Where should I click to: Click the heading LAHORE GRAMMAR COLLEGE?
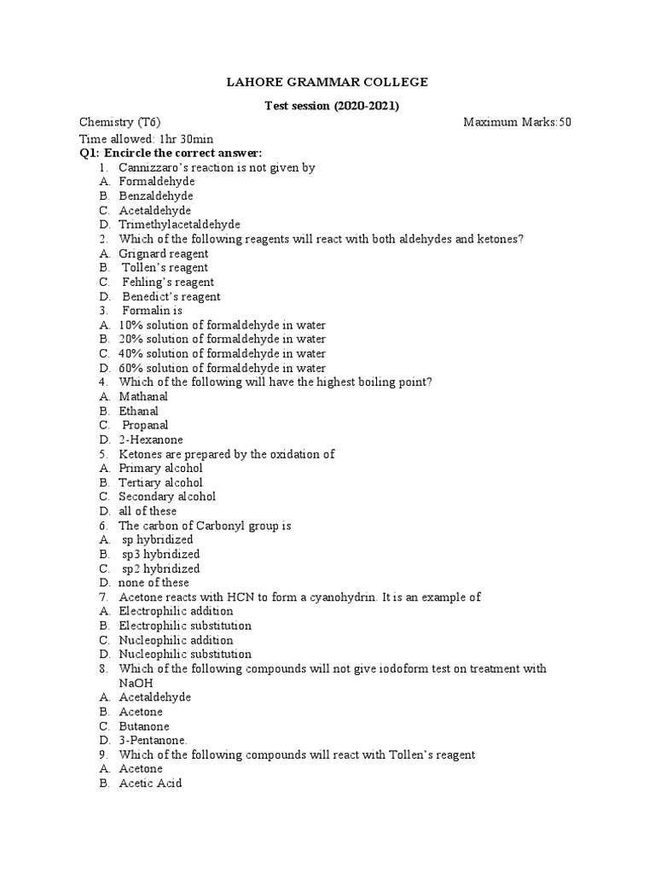(x=327, y=82)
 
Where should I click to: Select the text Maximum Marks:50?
(x=517, y=122)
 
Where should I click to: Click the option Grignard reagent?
(x=164, y=253)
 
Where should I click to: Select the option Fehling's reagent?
(x=168, y=282)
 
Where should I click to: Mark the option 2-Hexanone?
(x=151, y=440)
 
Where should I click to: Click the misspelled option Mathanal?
(x=143, y=396)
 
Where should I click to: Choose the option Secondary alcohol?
(x=167, y=497)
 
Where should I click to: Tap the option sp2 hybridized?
(x=161, y=568)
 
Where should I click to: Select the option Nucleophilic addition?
(x=176, y=640)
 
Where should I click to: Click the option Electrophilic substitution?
(x=185, y=626)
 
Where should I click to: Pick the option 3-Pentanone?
(x=153, y=740)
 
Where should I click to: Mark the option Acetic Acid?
(x=150, y=784)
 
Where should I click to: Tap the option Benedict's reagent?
(x=171, y=296)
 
